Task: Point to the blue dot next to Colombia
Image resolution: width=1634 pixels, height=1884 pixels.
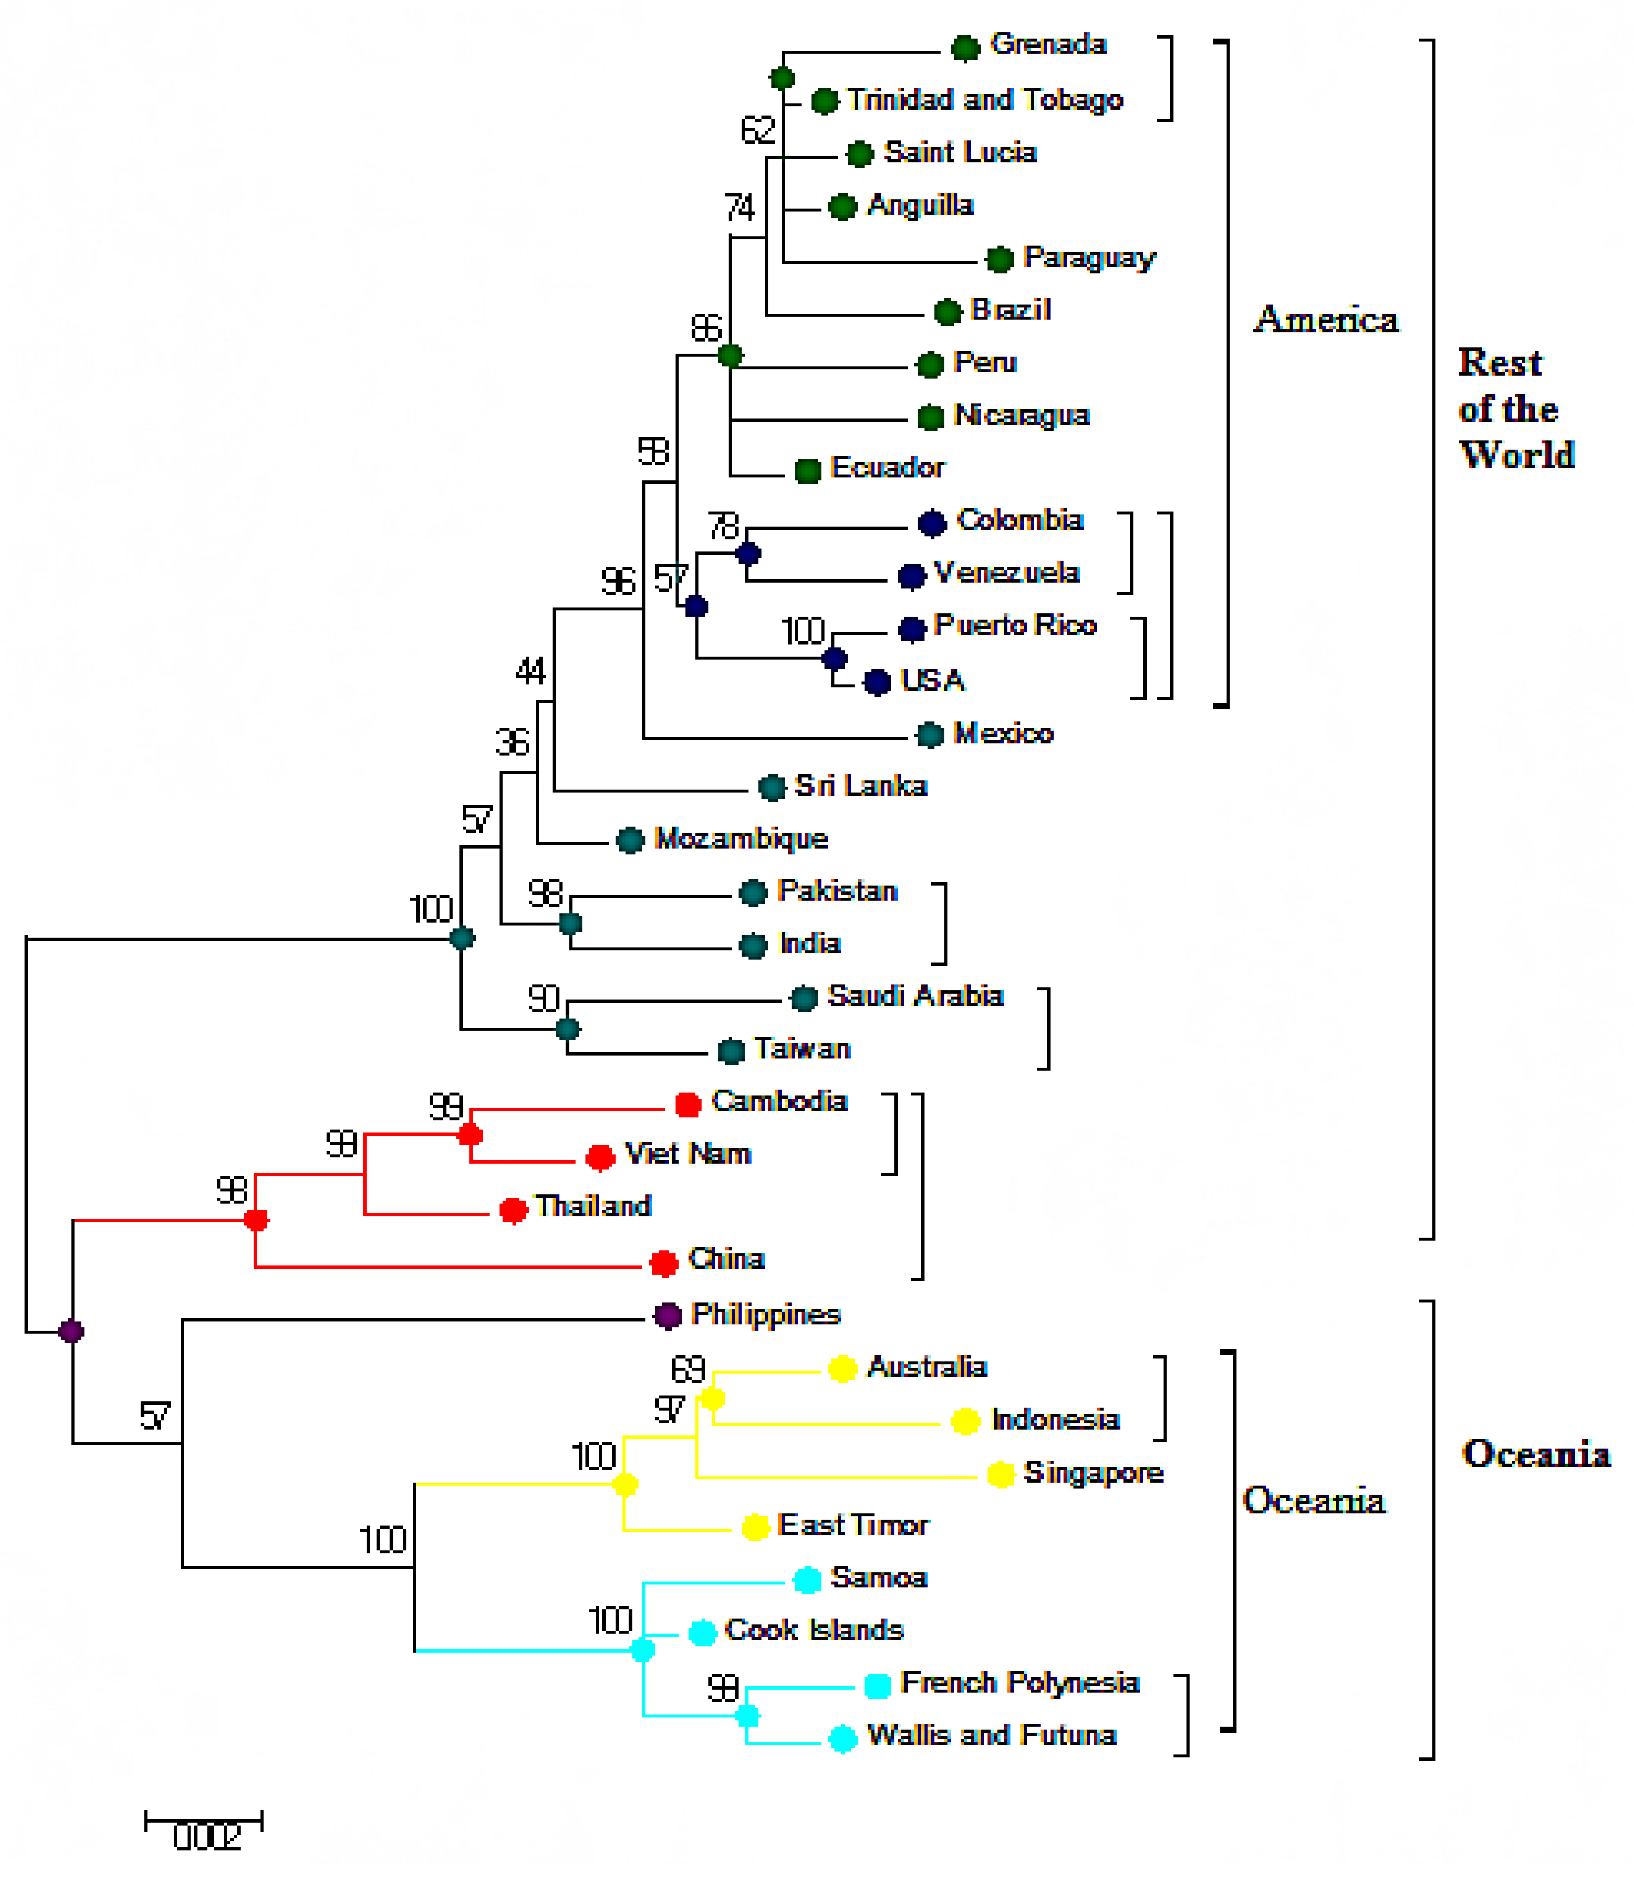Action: pyautogui.click(x=932, y=523)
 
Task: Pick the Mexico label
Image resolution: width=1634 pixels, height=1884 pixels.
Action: pyautogui.click(x=1003, y=733)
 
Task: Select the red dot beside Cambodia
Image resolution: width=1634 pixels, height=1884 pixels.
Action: pyautogui.click(x=688, y=1104)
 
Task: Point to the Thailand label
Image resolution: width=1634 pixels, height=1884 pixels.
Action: pyautogui.click(x=593, y=1206)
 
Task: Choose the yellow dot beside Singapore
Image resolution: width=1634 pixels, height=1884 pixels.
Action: pyautogui.click(x=1000, y=1474)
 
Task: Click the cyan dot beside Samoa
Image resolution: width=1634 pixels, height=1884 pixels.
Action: pyautogui.click(x=807, y=1579)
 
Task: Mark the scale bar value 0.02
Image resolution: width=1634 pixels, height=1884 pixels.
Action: pyautogui.click(x=206, y=1837)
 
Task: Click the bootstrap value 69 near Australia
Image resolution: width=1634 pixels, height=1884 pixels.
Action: pyautogui.click(x=688, y=1369)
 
